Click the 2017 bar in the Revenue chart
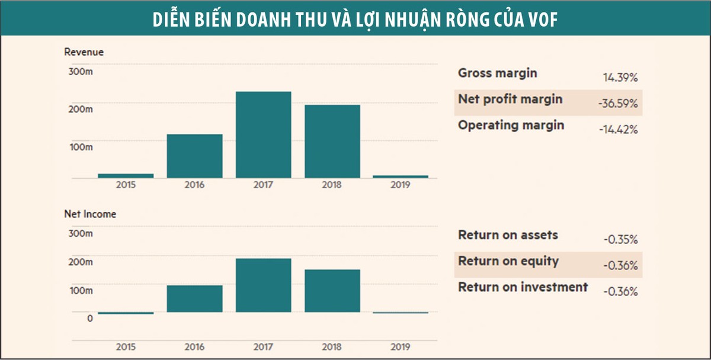pyautogui.click(x=263, y=135)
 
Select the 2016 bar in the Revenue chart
pyautogui.click(x=194, y=156)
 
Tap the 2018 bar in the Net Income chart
pyautogui.click(x=332, y=291)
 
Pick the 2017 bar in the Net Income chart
pyautogui.click(x=263, y=285)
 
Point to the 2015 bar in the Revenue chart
pyautogui.click(x=126, y=175)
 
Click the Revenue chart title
pyautogui.click(x=84, y=52)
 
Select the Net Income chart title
pyautogui.click(x=90, y=214)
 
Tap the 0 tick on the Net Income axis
pyautogui.click(x=89, y=319)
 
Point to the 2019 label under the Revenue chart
pyautogui.click(x=401, y=185)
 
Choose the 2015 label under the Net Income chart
pyautogui.click(x=126, y=347)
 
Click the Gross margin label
pyautogui.click(x=498, y=73)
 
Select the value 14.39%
pyautogui.click(x=620, y=78)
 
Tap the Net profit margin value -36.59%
pyautogui.click(x=618, y=104)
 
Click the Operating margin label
pyautogui.click(x=511, y=126)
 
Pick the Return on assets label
pyautogui.click(x=508, y=235)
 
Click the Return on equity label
pyautogui.click(x=508, y=261)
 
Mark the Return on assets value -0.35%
pyautogui.click(x=620, y=240)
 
